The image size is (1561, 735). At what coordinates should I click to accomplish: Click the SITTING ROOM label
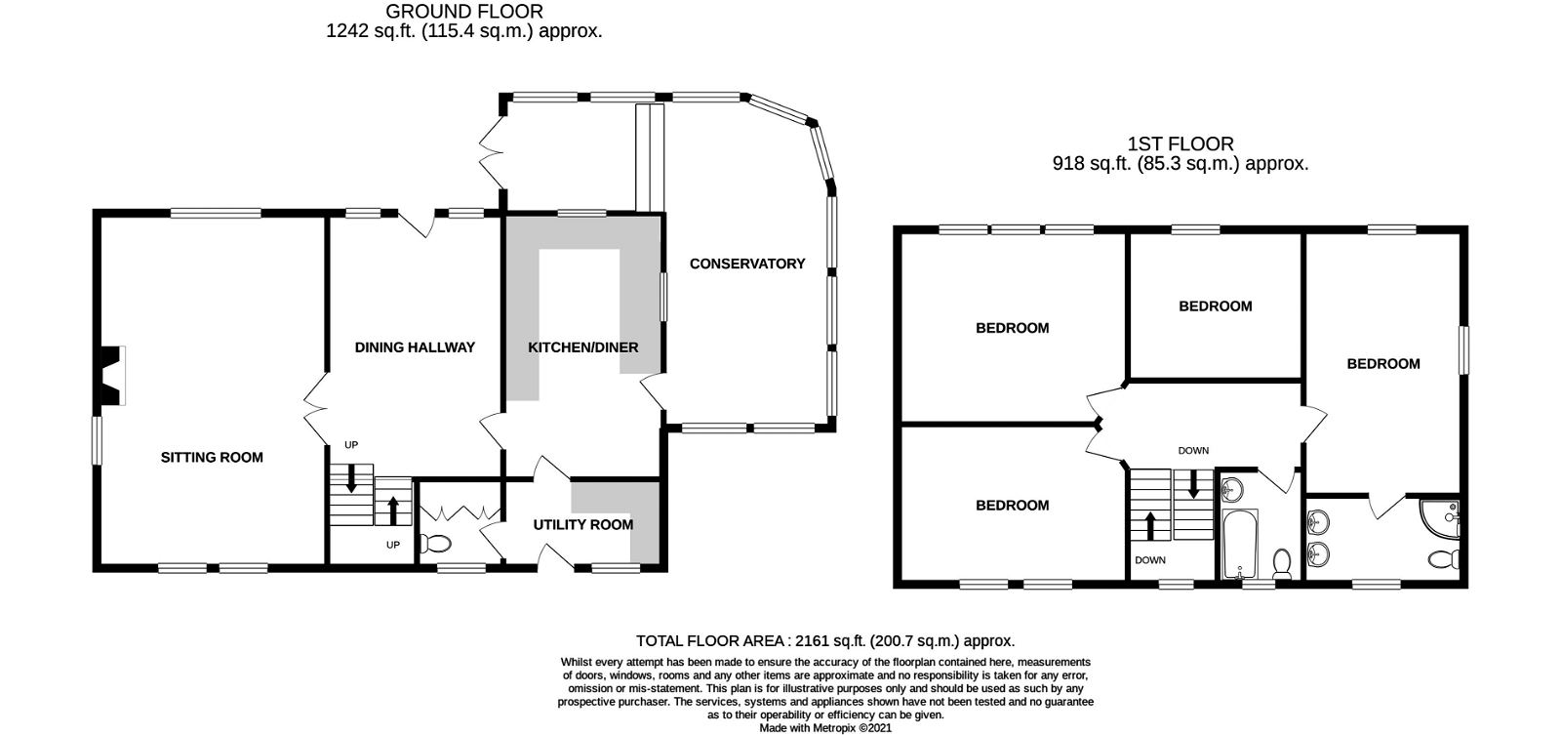(x=212, y=458)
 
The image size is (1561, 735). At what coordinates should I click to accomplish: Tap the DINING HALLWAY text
(x=415, y=347)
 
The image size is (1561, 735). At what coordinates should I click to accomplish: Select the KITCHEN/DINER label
(x=583, y=347)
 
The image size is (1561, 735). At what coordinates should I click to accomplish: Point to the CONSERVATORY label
(x=747, y=264)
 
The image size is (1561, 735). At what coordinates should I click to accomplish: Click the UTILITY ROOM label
(x=583, y=524)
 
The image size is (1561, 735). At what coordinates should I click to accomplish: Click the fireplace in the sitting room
(x=112, y=375)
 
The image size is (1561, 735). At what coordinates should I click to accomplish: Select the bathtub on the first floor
(x=1240, y=544)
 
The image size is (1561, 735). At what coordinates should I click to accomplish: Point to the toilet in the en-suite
(x=1445, y=558)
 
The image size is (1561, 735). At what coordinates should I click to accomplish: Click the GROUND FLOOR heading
(x=464, y=11)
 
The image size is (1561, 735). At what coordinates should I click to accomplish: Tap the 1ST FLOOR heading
(x=1181, y=143)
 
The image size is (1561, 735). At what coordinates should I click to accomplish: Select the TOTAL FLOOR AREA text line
(x=825, y=641)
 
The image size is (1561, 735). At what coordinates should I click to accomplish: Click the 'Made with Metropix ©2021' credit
(x=825, y=728)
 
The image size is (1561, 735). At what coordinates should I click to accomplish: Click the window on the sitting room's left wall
(x=98, y=441)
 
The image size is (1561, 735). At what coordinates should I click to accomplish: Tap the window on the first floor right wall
(x=1464, y=350)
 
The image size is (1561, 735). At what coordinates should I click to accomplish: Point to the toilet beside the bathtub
(x=1282, y=563)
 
